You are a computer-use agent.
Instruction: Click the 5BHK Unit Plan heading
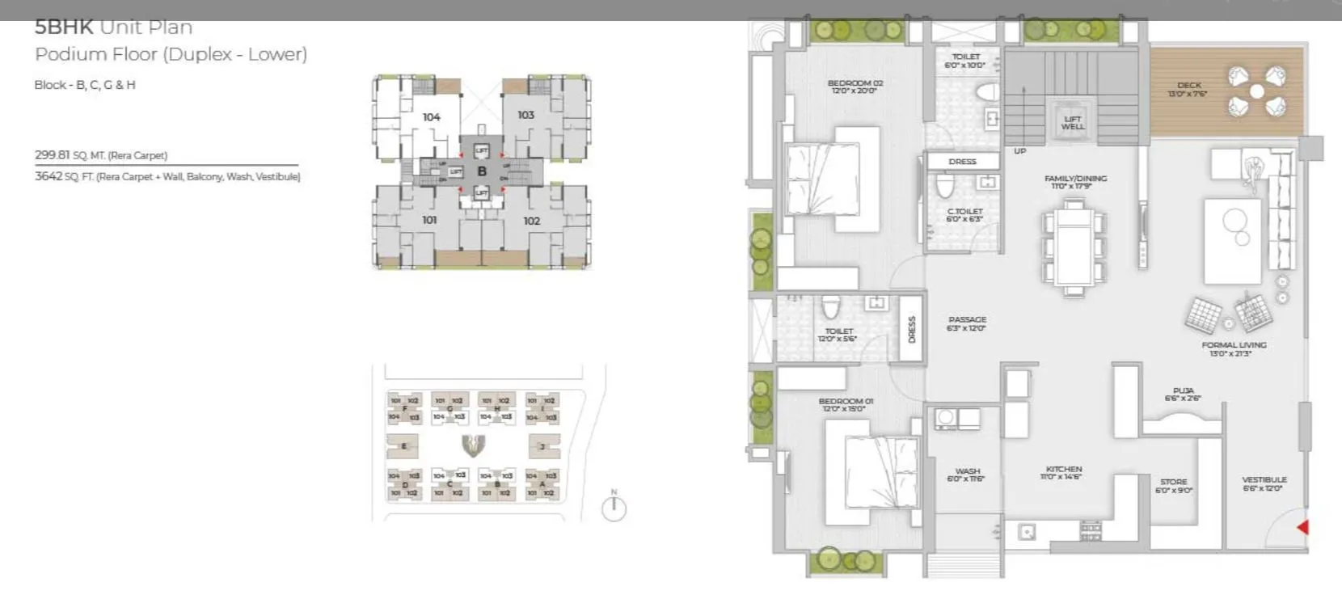tap(113, 27)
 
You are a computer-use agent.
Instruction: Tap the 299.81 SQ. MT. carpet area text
tap(100, 155)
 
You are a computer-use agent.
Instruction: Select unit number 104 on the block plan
tap(432, 117)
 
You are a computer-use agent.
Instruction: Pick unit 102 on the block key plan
tap(531, 221)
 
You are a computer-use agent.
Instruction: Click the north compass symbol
tap(614, 508)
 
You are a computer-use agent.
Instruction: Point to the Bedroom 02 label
tap(855, 87)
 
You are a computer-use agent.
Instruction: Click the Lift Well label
tap(1073, 123)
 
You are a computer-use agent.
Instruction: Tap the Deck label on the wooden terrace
tap(1188, 89)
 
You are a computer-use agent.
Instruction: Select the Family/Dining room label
tap(1075, 182)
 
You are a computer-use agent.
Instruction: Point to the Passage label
tap(967, 323)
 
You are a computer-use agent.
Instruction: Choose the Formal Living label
tap(1234, 349)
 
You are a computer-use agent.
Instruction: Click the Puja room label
tap(1183, 394)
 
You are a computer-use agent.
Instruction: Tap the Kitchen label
tap(1064, 472)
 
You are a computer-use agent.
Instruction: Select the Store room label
tap(1173, 485)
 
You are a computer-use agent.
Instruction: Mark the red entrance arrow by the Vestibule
tap(1302, 528)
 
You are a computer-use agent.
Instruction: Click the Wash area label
tap(967, 475)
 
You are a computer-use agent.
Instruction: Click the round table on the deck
tap(1256, 91)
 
